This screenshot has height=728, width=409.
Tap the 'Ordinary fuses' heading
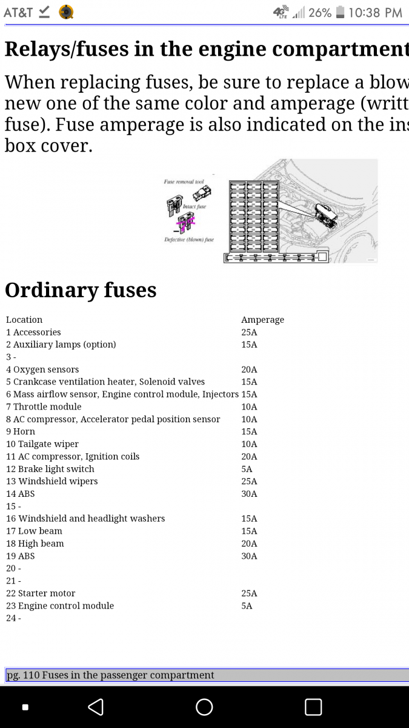pyautogui.click(x=81, y=290)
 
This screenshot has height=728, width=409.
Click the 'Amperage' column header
pyautogui.click(x=262, y=320)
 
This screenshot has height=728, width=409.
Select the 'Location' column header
pyautogui.click(x=24, y=320)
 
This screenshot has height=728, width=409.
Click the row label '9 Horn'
pyautogui.click(x=21, y=431)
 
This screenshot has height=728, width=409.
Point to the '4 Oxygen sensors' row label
pyautogui.click(x=42, y=369)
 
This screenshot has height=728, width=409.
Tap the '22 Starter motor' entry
pyautogui.click(x=41, y=593)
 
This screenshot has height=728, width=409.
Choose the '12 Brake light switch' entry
pyautogui.click(x=50, y=469)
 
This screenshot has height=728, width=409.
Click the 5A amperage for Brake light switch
pyautogui.click(x=247, y=469)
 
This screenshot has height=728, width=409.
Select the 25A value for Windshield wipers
pyautogui.click(x=249, y=481)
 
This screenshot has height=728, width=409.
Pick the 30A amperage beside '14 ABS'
pyautogui.click(x=249, y=494)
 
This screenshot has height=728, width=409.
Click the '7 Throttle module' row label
pyautogui.click(x=44, y=406)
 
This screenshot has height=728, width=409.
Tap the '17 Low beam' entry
pyautogui.click(x=34, y=531)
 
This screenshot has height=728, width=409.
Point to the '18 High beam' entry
pyautogui.click(x=35, y=544)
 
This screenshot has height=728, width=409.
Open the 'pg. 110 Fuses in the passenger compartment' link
pyautogui.click(x=110, y=675)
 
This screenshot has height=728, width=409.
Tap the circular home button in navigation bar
pyautogui.click(x=204, y=707)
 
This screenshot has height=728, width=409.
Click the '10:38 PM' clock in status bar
pyautogui.click(x=375, y=13)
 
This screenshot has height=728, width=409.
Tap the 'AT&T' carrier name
pyautogui.click(x=18, y=13)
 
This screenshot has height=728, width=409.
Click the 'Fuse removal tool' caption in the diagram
pyautogui.click(x=184, y=181)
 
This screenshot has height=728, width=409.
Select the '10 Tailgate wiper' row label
pyautogui.click(x=42, y=444)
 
